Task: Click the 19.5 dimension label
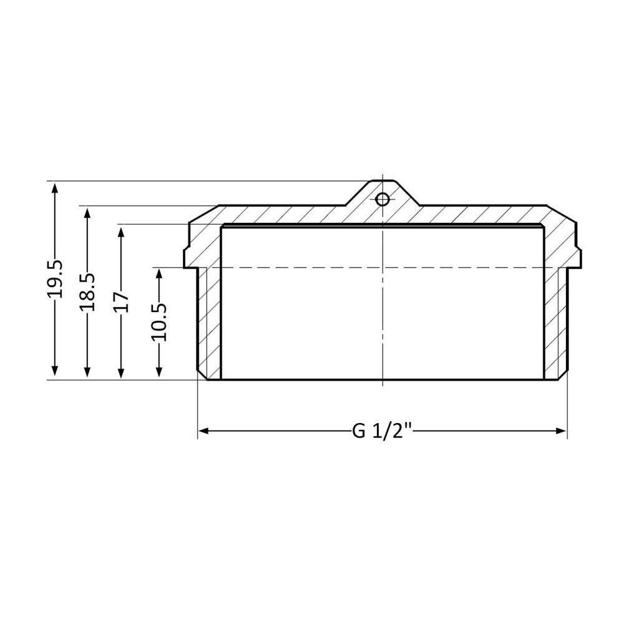55,279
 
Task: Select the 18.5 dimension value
87,292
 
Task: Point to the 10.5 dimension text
159,322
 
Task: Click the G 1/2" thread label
383,431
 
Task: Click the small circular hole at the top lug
383,199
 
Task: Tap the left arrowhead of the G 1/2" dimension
203,431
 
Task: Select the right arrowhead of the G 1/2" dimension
561,431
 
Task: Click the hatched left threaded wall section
209,324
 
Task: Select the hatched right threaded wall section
555,324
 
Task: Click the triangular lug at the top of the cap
383,190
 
